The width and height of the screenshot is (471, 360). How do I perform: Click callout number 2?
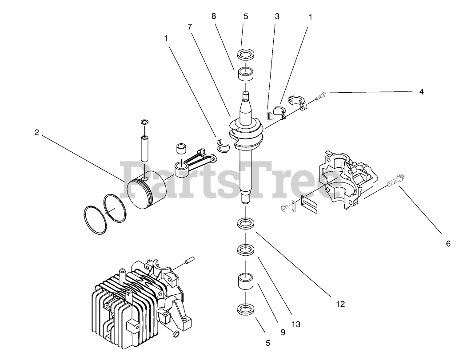pos(36,132)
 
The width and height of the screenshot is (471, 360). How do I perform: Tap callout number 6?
pos(448,243)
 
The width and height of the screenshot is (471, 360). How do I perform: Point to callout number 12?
pos(340,304)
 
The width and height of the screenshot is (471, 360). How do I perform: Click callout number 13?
pos(296,324)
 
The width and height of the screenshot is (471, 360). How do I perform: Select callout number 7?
pos(190,26)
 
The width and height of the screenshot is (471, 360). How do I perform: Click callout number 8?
pos(214,16)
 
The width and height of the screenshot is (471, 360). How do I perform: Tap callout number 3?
pos(277,16)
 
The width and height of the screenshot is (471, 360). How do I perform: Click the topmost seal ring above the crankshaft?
pos(245,55)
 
